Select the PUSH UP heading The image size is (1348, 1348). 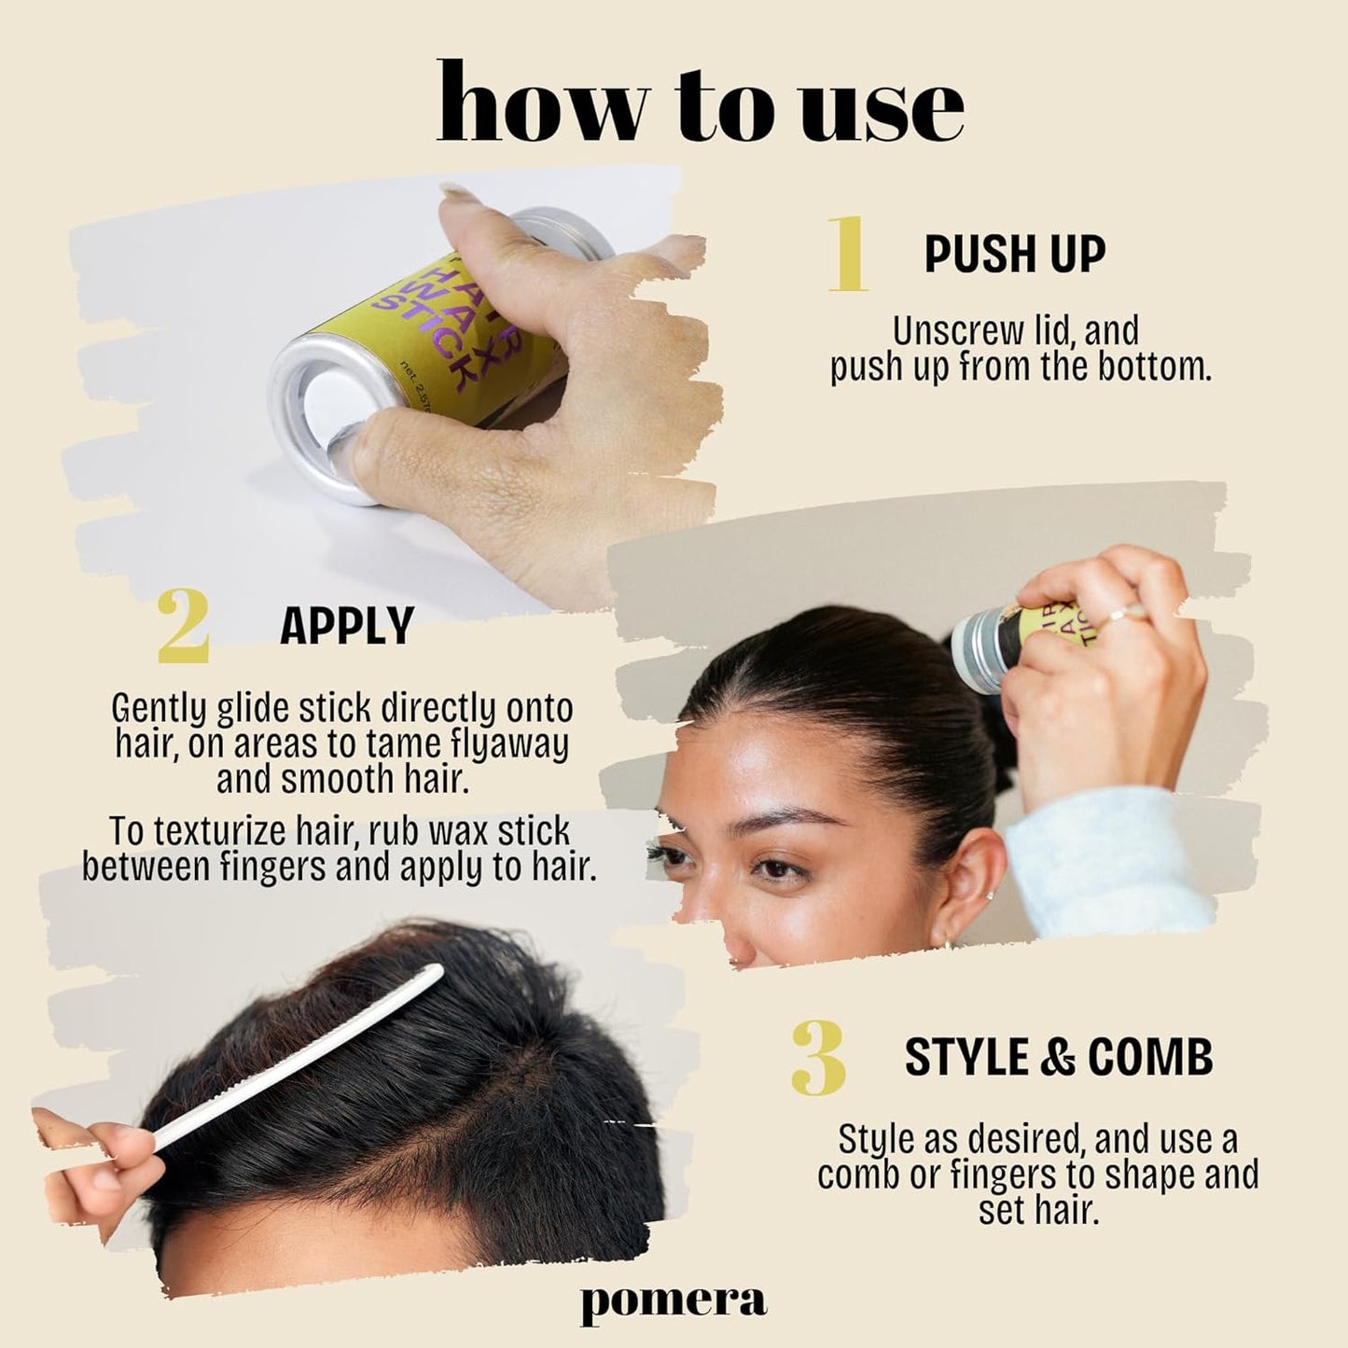1014,254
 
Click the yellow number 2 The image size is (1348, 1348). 183,625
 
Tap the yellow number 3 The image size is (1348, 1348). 818,1057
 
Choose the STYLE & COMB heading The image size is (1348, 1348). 1059,1057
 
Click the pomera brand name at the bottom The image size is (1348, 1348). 674,1299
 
